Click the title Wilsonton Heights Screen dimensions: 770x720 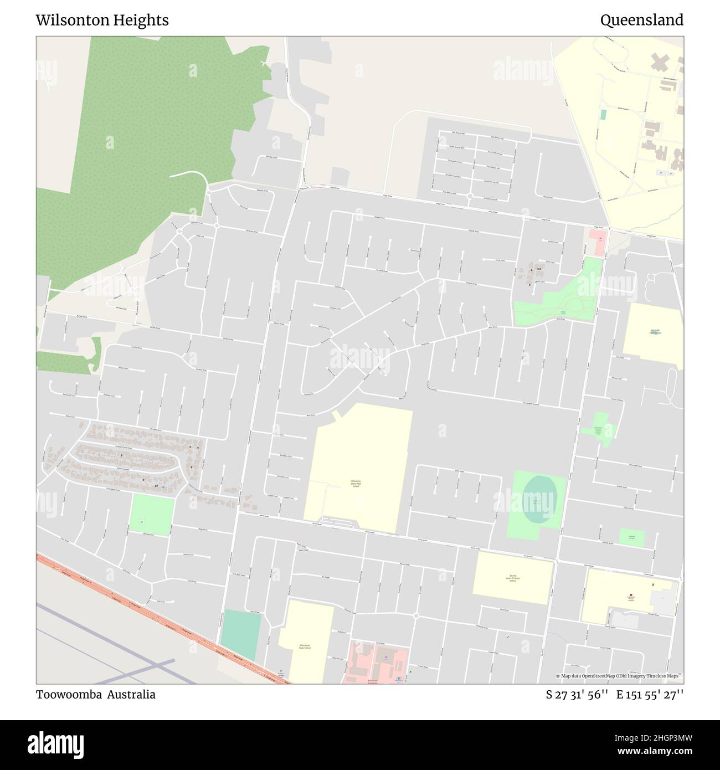point(102,20)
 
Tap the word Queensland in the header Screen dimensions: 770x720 point(641,20)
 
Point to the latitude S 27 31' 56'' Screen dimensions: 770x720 point(578,695)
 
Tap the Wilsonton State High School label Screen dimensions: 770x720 point(356,484)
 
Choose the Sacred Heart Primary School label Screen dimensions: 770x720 point(513,578)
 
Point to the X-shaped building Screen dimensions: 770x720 point(659,62)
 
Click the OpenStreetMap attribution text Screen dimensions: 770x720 point(620,676)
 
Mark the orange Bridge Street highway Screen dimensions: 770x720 point(166,620)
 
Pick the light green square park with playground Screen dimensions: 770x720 point(151,516)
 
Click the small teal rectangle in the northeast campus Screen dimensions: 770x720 point(603,114)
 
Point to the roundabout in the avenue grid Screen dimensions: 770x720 point(470,196)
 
